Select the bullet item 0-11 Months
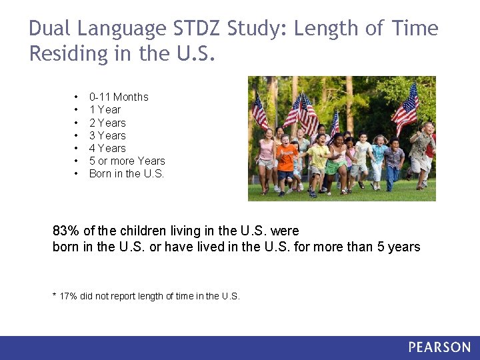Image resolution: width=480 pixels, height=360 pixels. point(118,97)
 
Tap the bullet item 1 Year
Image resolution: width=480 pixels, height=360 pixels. point(105,109)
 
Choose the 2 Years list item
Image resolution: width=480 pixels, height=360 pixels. point(107,123)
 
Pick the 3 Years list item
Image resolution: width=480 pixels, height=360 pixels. point(107,135)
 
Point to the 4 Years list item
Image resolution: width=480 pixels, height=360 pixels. point(107,148)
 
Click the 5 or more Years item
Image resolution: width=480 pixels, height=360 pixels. point(127,161)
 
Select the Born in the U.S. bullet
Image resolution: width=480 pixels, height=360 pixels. point(126,173)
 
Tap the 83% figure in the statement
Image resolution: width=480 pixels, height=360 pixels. point(65,231)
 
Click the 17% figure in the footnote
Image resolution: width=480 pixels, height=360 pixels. point(68,296)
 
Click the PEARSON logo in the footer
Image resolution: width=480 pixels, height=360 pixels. point(439,347)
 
